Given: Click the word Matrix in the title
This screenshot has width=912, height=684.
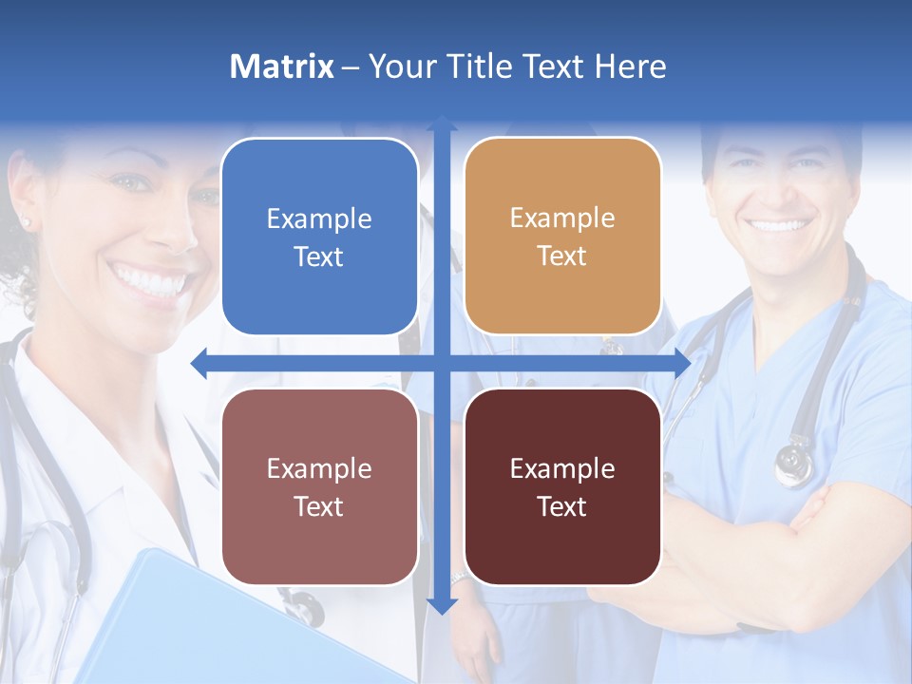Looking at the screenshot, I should coord(282,66).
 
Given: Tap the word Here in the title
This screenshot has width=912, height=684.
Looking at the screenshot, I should coord(630,66).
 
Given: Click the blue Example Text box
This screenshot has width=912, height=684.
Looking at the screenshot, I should coord(319,237).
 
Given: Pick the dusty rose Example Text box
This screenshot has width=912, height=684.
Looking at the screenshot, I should coord(319,486).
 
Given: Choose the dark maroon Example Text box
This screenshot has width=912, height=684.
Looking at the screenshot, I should coord(562,486).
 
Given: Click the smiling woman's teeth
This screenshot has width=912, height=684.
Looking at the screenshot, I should coord(152,281).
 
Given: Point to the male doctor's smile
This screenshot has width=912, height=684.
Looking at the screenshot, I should coord(779,227).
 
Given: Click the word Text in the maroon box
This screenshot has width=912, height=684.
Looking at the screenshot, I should coord(562,506).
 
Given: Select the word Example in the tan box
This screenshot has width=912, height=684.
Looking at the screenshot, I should coord(562,218).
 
